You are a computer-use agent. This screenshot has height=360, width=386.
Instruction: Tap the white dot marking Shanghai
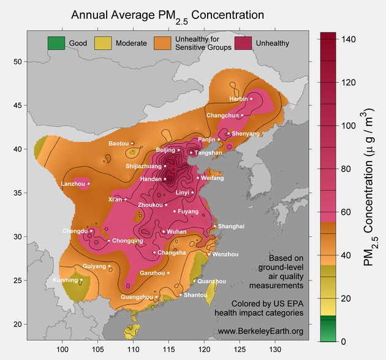(x=214, y=227)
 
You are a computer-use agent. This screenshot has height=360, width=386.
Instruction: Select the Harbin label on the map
(x=238, y=99)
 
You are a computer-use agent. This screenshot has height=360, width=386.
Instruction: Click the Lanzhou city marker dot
(x=88, y=183)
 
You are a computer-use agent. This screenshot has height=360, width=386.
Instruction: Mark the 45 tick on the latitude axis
(x=17, y=105)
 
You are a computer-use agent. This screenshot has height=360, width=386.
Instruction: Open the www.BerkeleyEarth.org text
(x=260, y=331)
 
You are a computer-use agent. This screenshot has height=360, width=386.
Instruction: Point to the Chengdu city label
(x=75, y=231)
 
